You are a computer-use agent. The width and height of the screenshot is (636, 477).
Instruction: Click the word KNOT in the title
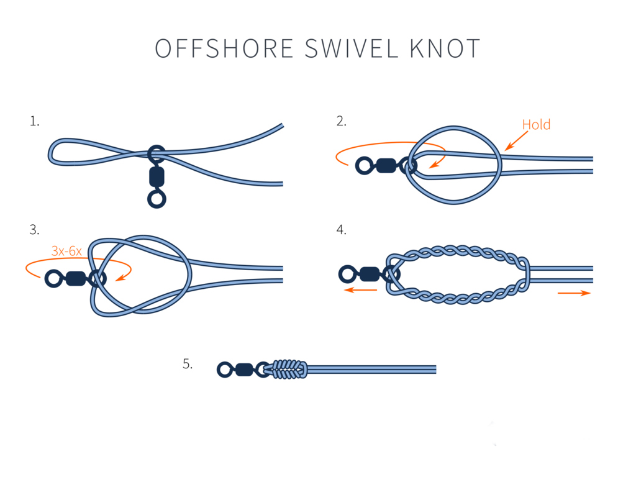[445, 49]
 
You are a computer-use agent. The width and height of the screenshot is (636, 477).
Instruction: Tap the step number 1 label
[34, 122]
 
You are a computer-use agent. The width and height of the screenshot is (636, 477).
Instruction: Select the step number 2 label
[341, 122]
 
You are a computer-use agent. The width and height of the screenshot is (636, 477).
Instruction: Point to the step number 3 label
[34, 230]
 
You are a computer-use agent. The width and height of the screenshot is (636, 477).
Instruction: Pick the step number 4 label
[341, 230]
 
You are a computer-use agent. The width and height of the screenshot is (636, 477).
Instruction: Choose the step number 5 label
[188, 364]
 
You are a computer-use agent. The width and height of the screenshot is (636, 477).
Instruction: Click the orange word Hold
[536, 125]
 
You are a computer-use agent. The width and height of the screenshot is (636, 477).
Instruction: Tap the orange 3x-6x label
[66, 252]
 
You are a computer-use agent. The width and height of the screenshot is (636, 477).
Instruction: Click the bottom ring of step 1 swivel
[157, 199]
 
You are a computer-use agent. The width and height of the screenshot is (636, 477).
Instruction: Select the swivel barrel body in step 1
[157, 177]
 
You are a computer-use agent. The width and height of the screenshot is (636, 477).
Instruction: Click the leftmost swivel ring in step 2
[364, 165]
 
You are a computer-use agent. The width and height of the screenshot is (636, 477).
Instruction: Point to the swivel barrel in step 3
[75, 278]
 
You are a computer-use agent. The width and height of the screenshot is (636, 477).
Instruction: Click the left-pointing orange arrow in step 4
[361, 290]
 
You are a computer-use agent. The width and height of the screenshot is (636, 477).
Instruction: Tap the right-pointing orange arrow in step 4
[574, 293]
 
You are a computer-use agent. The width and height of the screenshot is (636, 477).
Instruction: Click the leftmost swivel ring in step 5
[225, 370]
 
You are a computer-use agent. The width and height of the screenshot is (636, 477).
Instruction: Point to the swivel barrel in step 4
[370, 274]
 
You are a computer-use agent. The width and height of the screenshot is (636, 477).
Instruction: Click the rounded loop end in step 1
[53, 152]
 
